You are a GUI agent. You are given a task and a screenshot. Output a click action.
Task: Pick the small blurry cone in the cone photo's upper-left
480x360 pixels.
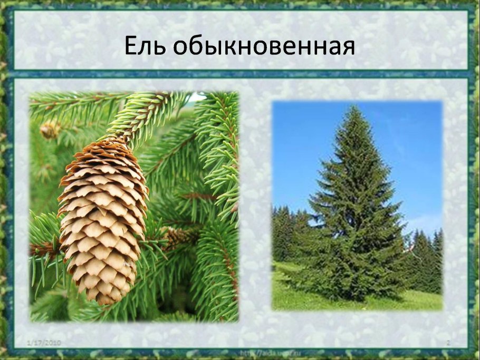50,130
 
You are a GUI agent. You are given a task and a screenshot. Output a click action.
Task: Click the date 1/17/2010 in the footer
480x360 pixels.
44,343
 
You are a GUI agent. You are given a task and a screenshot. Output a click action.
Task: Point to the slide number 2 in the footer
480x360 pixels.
448,343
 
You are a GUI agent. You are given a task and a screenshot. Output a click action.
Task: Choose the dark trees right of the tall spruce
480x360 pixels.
425,258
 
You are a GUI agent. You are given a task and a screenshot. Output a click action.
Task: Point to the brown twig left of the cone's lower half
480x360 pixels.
45,248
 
